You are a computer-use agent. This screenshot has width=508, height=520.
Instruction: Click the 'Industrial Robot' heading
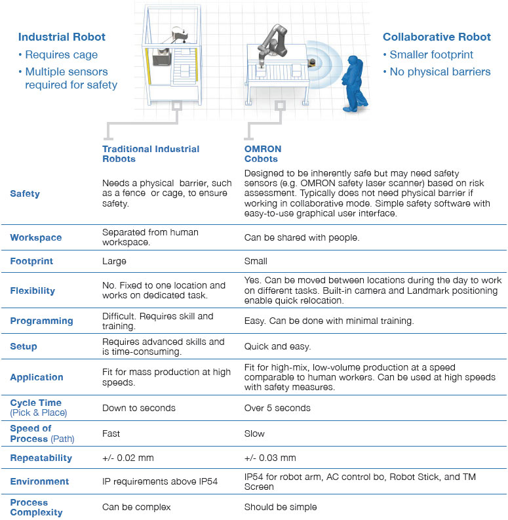pos(62,37)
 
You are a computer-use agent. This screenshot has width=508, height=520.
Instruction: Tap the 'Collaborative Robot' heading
pos(437,37)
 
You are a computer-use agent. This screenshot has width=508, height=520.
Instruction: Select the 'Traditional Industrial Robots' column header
pos(151,153)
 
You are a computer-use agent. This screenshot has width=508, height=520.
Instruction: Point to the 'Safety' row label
pos(25,193)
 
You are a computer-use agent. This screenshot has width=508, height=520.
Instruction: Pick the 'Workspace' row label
pos(36,237)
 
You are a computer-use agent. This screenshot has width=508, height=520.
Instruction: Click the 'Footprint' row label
pos(31,261)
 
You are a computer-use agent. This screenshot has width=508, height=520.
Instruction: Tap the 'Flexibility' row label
pos(33,290)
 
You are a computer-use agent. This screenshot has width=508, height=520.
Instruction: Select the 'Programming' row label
pos(41,321)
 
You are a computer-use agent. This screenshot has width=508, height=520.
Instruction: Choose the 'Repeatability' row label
pos(41,458)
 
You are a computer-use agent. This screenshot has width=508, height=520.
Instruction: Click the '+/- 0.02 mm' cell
pos(128,458)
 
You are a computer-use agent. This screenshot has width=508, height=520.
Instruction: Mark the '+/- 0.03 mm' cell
pos(270,458)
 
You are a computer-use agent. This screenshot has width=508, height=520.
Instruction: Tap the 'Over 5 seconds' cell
pos(277,408)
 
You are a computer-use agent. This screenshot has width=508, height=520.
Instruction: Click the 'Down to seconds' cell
pos(139,408)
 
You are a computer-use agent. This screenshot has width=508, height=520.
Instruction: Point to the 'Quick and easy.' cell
pos(277,346)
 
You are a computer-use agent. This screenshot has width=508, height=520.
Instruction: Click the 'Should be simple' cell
pos(281,507)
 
